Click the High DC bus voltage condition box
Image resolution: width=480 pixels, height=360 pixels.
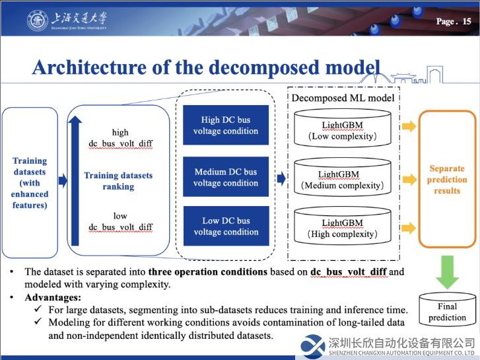226,125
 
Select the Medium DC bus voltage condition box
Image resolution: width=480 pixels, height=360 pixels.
226,177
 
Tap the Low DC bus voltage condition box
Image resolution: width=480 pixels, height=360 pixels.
226,226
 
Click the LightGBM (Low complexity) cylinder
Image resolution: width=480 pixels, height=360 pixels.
342,128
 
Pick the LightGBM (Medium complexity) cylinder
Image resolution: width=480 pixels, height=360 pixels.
342,177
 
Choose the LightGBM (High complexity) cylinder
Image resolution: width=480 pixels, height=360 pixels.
342,226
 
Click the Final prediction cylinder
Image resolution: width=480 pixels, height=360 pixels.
447,309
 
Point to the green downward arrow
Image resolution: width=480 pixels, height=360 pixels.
447,272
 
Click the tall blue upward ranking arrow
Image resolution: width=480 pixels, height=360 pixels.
75,181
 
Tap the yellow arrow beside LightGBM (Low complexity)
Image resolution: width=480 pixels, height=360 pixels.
409,126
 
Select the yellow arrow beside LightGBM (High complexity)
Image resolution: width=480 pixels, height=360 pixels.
409,228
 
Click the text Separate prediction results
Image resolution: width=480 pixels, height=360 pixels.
447,180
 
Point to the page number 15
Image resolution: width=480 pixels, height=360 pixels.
467,21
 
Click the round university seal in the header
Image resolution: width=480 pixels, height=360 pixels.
38,20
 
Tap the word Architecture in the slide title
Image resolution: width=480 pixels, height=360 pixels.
89,68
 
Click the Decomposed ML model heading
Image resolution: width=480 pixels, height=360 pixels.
343,98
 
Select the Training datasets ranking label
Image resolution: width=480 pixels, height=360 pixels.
118,181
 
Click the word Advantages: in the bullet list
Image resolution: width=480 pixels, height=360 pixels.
53,297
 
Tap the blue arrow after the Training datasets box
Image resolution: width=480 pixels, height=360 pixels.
63,180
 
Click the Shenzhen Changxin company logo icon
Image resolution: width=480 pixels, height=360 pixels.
312,347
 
